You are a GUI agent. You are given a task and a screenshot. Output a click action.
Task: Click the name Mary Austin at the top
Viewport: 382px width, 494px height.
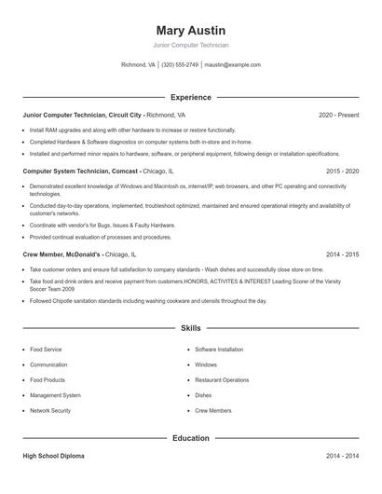point(191,30)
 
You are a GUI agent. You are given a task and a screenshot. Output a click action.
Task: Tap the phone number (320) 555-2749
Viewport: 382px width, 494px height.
point(180,65)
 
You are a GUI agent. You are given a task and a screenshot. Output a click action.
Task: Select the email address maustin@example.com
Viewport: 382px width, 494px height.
point(232,65)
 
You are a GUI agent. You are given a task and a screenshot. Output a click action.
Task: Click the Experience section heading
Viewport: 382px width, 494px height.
point(191,97)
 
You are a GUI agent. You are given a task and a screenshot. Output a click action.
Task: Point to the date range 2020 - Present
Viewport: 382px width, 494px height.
point(338,115)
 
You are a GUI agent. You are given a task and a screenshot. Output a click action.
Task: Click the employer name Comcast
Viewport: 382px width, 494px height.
point(125,172)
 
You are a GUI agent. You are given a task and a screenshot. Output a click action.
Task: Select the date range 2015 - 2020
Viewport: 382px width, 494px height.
point(342,172)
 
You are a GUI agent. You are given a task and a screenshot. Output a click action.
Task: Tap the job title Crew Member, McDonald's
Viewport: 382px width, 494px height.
point(62,254)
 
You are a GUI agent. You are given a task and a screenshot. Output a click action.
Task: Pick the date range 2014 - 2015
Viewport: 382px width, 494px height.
point(342,254)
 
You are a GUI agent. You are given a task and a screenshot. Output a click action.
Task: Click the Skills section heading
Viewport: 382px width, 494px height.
point(191,328)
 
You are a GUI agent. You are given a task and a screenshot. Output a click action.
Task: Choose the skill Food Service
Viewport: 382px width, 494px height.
point(46,350)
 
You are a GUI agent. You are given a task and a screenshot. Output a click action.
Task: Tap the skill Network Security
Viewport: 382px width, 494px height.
point(50,410)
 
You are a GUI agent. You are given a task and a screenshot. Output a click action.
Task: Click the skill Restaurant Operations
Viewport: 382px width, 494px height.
point(222,379)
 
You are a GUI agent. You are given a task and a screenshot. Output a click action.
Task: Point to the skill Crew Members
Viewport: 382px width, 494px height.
point(213,410)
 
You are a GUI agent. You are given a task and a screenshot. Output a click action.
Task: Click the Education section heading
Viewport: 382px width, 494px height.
point(191,437)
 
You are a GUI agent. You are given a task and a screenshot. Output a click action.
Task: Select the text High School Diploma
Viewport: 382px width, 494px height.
point(55,456)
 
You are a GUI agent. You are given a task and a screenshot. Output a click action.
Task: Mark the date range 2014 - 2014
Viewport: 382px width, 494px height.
point(342,456)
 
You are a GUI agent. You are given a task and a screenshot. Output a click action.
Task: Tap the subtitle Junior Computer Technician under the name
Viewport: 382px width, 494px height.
point(191,45)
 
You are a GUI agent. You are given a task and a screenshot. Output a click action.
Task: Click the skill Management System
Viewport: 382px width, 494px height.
point(54,395)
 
